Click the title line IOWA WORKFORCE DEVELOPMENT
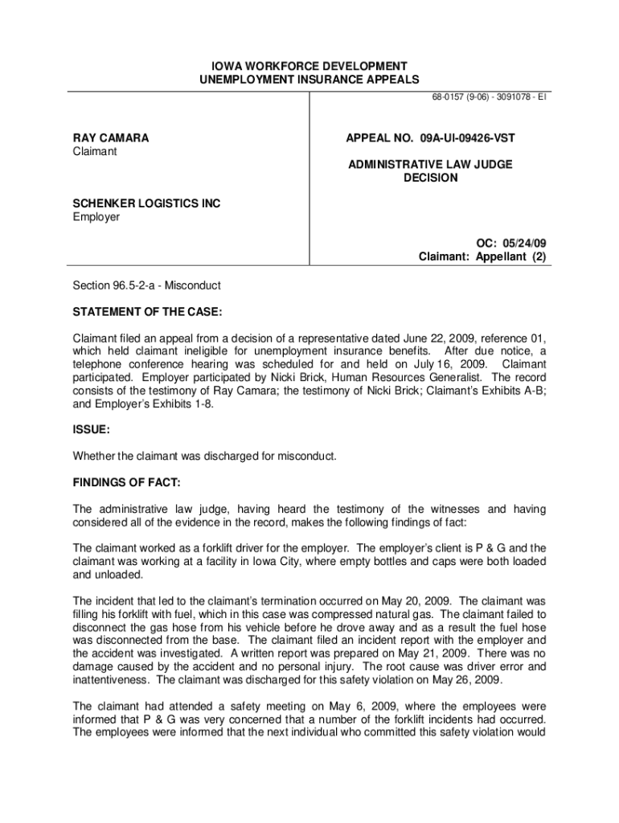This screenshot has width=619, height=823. click(309, 66)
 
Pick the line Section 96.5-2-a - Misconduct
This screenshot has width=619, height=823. click(147, 285)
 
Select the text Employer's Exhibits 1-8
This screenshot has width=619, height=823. click(143, 404)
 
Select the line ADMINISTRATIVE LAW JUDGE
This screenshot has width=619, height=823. click(430, 165)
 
